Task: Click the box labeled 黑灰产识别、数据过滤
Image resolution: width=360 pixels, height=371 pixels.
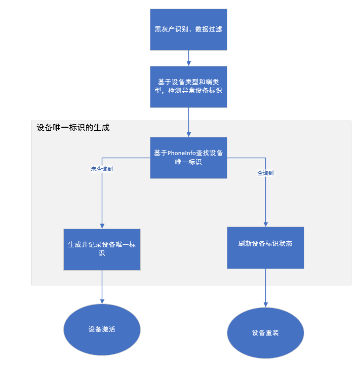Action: click(188, 29)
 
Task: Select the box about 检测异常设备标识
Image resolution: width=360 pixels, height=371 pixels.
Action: click(188, 87)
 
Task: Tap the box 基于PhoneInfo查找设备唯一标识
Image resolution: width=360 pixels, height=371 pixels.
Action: click(188, 158)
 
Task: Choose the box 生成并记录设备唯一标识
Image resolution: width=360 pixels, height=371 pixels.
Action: click(102, 249)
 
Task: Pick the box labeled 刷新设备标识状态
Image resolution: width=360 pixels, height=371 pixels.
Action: click(265, 247)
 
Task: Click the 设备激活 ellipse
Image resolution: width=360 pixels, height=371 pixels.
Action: click(102, 329)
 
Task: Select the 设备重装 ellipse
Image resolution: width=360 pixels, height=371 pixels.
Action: click(265, 333)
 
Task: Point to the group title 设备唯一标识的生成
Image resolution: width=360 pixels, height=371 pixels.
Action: click(73, 128)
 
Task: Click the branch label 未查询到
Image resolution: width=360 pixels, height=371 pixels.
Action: click(102, 169)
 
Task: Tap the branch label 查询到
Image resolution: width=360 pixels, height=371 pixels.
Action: click(265, 173)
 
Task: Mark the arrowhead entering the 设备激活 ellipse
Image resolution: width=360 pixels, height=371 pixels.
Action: click(102, 301)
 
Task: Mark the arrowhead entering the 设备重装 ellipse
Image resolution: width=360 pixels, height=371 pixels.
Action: click(266, 305)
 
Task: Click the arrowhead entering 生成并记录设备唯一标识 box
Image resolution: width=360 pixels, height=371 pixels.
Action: click(102, 226)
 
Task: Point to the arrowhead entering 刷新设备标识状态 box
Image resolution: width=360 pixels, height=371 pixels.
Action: click(266, 224)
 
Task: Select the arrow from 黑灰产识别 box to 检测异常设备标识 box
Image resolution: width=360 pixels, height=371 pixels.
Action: click(188, 58)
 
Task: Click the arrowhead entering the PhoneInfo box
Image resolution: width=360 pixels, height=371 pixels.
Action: click(188, 134)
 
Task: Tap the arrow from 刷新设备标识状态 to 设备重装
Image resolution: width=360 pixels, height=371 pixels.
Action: click(266, 286)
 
